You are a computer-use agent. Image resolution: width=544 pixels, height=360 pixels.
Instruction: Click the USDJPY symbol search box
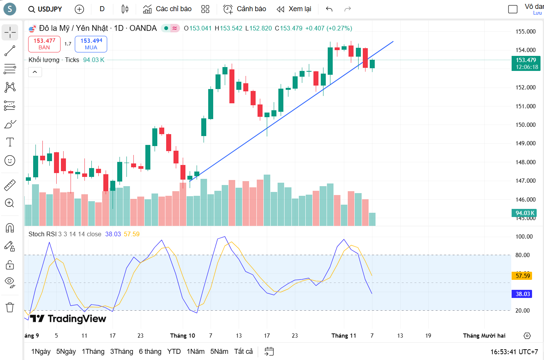click(x=45, y=9)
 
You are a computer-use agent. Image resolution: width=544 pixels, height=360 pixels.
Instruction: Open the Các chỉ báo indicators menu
click(x=167, y=9)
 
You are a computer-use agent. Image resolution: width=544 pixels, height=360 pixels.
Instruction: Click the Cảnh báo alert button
click(x=245, y=9)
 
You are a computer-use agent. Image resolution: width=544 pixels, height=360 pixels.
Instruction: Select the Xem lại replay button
click(x=294, y=9)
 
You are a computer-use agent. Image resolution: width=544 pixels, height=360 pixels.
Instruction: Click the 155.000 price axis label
click(x=525, y=32)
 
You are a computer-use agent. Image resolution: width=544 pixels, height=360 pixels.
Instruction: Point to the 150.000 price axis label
click(x=525, y=124)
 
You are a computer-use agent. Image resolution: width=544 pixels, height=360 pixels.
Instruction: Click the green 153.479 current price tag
click(x=526, y=63)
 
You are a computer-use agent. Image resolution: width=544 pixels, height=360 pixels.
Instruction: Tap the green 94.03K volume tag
click(x=525, y=213)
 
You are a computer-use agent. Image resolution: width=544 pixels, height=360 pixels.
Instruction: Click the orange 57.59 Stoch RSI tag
click(x=522, y=276)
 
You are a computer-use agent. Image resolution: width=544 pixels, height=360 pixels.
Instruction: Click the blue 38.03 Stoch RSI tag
click(x=522, y=294)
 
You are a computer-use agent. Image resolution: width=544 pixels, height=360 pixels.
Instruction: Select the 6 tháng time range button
click(x=150, y=352)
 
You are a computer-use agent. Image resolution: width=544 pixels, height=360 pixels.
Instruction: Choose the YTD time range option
click(x=174, y=352)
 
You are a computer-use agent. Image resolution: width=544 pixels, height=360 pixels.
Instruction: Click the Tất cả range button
click(x=243, y=352)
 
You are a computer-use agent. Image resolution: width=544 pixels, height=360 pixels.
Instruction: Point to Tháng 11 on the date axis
click(x=344, y=336)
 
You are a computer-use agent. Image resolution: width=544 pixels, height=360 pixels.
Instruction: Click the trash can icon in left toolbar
click(x=10, y=307)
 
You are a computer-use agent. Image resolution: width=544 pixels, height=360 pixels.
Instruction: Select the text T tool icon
click(x=10, y=142)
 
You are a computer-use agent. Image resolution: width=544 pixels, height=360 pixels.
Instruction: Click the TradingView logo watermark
click(x=68, y=319)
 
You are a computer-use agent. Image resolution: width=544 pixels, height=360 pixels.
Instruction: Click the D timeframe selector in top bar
click(x=102, y=9)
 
